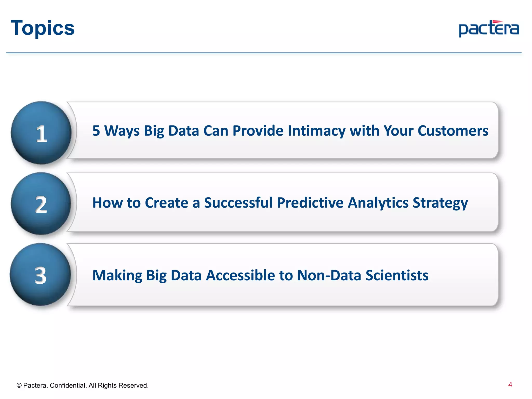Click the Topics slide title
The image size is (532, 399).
pos(43,28)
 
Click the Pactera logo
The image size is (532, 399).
pos(489,29)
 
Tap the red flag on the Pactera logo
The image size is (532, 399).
pos(497,22)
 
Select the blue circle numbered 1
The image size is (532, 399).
pos(41,133)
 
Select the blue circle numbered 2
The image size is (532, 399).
pos(41,204)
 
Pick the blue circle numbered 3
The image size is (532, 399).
pos(41,275)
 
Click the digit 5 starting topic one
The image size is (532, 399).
pos(96,131)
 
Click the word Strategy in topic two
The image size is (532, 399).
pos(440,203)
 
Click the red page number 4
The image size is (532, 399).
pos(510,385)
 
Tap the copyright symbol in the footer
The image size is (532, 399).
pos(19,385)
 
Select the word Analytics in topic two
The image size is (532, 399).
pos(378,203)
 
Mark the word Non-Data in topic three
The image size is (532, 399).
pos(329,275)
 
